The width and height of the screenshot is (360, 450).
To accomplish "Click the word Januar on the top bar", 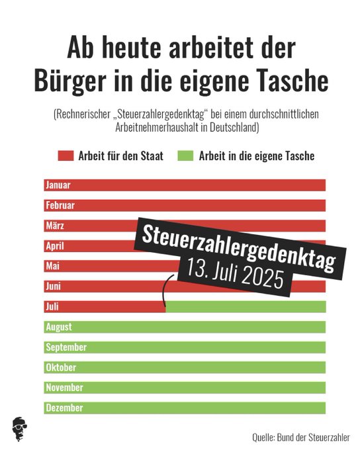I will [x=58, y=185].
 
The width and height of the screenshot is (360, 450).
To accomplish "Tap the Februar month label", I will [x=60, y=205].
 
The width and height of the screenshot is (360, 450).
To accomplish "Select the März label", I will [x=55, y=226].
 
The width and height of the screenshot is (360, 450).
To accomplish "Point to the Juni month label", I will [x=54, y=287].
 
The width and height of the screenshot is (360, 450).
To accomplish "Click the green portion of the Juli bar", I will [x=245, y=306].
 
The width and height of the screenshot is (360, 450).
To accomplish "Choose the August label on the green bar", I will [x=59, y=327].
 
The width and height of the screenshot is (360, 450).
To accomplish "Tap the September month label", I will [x=66, y=347].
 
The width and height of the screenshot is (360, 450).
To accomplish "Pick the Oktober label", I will [x=61, y=367].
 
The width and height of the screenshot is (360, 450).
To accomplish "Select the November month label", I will [x=64, y=388].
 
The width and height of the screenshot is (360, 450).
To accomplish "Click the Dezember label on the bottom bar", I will [x=64, y=408].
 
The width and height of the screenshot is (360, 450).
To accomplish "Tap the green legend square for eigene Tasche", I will [x=185, y=156].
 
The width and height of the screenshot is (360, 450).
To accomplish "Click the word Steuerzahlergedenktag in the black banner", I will [x=237, y=244].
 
